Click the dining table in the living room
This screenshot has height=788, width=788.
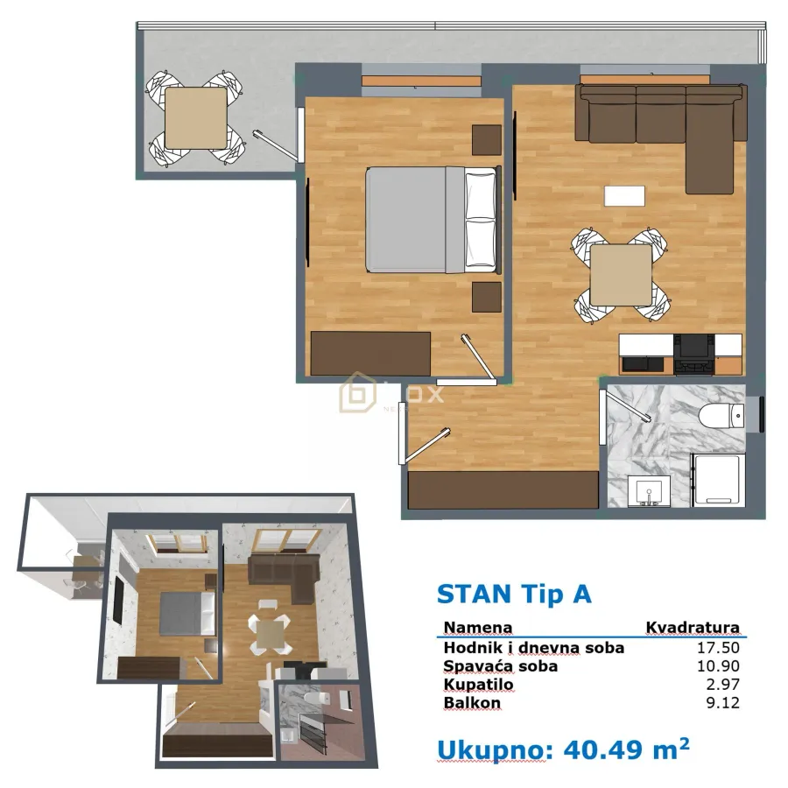(621, 275)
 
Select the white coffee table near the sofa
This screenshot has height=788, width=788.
(624, 195)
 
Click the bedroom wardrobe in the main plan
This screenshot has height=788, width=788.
(371, 353)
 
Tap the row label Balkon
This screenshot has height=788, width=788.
(472, 703)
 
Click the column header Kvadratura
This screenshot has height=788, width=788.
(692, 628)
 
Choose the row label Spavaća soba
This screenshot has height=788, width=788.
(500, 666)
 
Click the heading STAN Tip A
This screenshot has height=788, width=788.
(514, 594)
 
